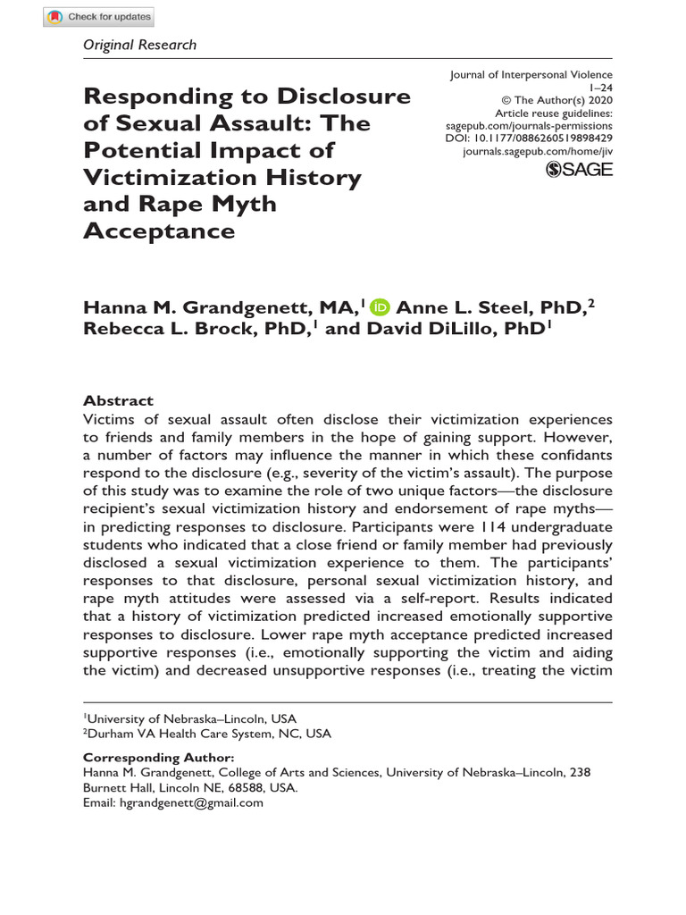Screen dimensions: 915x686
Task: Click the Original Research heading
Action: tap(139, 45)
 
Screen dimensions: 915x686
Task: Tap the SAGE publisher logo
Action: tap(579, 170)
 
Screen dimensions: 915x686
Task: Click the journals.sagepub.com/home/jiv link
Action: tap(538, 153)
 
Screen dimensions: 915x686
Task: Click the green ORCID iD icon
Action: tap(381, 307)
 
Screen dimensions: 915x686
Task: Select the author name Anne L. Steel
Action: tap(460, 307)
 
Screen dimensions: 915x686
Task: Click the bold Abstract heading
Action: tap(118, 401)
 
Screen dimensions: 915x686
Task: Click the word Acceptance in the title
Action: tap(159, 231)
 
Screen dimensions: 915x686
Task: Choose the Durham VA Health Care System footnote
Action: tap(208, 734)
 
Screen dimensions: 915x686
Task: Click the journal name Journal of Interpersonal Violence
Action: tap(531, 76)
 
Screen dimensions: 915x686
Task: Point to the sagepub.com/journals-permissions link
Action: tap(529, 127)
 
